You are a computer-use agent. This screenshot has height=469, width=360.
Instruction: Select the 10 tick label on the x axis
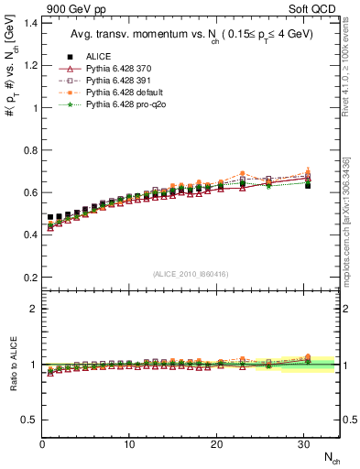click(129, 445)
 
